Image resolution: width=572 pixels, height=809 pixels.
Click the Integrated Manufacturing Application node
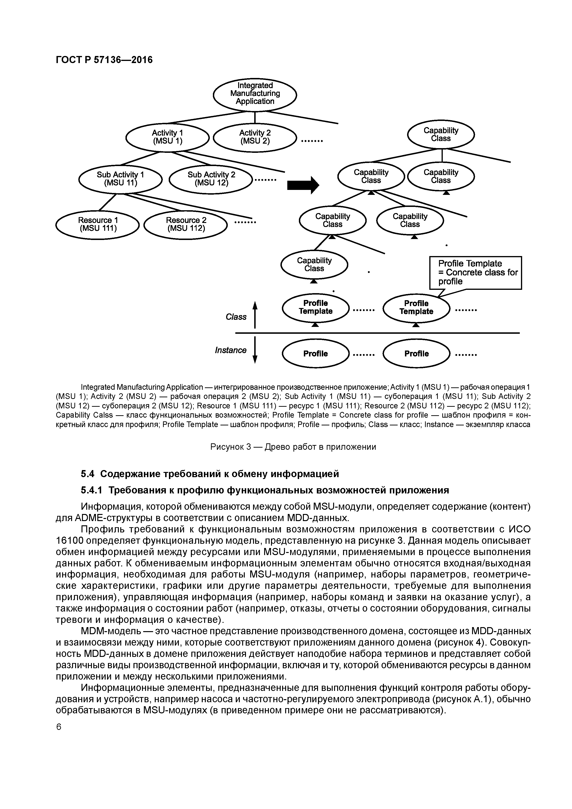[x=255, y=94]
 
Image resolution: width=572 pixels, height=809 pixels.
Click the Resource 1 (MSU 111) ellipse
[x=98, y=224]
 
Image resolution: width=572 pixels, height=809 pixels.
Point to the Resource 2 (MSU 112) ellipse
[x=186, y=224]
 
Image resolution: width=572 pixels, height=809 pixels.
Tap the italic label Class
[x=236, y=317]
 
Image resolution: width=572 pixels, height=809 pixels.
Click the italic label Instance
[x=231, y=350]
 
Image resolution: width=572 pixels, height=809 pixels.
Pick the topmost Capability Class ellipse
[x=441, y=134]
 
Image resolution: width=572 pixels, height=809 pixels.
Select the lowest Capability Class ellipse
[x=314, y=265]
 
